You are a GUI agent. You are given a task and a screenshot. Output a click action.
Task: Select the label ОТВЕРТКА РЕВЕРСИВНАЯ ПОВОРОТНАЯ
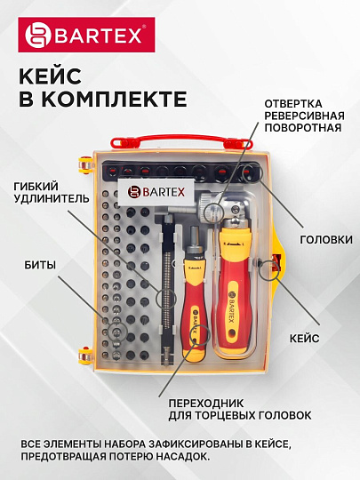pos(302,115)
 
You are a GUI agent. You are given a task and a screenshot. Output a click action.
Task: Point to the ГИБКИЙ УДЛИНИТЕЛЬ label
pos(51,192)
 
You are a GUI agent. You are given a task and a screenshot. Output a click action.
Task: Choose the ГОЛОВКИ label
pos(321,239)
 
